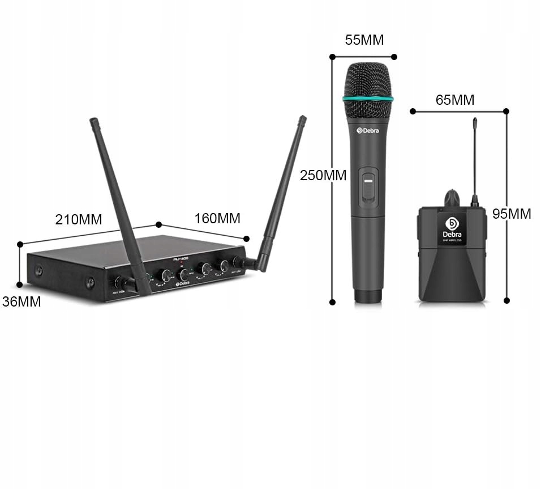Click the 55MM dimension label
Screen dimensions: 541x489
[364, 40]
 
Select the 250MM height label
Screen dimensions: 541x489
[323, 176]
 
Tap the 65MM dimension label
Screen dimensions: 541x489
[454, 100]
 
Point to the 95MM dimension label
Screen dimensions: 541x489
[512, 214]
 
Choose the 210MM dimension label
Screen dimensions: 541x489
[79, 220]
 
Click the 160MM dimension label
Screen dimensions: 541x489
[217, 218]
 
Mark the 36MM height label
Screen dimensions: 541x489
[22, 302]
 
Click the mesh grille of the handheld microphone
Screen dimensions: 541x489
[368, 80]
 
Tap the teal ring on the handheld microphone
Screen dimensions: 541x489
[368, 100]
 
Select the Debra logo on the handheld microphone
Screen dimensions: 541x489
[368, 130]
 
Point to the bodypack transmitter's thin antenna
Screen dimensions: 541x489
[475, 161]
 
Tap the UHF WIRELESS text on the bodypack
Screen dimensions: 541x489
[452, 240]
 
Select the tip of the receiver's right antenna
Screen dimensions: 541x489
[303, 119]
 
